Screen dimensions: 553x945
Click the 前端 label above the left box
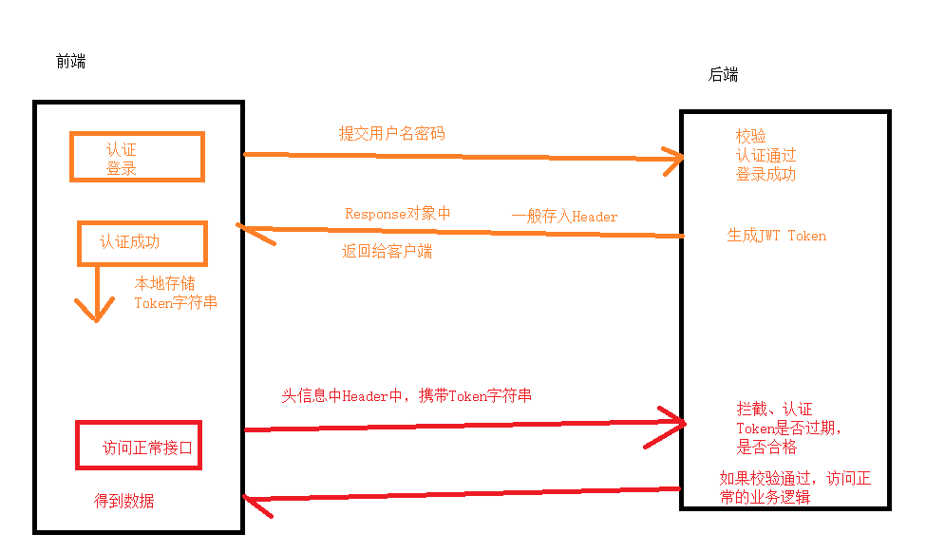70,62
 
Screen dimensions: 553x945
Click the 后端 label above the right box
723,75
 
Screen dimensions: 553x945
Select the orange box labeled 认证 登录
137,157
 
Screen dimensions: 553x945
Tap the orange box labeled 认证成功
142,242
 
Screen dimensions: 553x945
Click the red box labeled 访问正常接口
139,447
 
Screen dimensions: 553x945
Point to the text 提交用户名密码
391,134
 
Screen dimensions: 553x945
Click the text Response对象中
397,214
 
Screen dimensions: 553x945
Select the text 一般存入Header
564,217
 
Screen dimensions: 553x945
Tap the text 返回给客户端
387,252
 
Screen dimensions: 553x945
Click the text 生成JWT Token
776,236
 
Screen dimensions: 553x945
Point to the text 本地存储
164,283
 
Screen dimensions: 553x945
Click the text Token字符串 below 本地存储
176,303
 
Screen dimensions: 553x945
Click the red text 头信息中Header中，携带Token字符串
406,395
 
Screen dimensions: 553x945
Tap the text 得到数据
123,501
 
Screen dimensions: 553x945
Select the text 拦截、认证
774,409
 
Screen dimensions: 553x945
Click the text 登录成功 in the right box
765,175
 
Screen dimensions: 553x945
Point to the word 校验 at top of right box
750,136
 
